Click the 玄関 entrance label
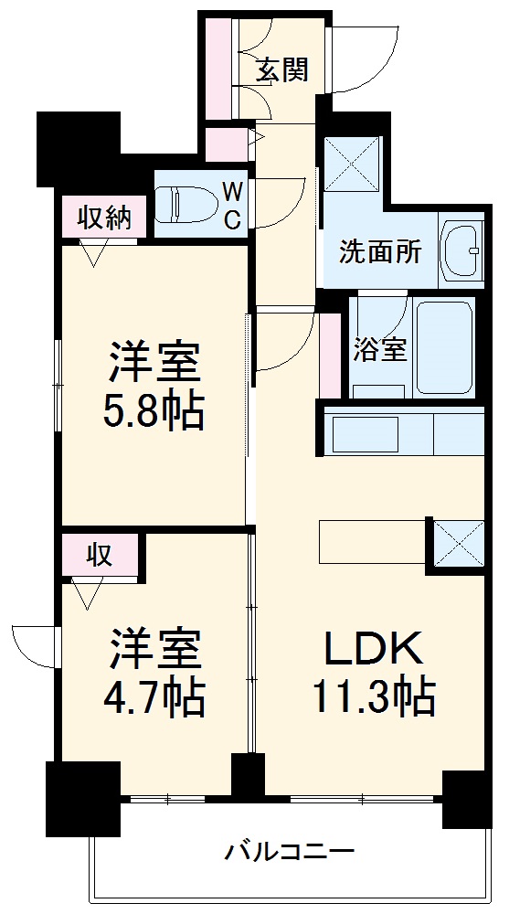[281, 69]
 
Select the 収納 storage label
[103, 218]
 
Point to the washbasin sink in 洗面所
[462, 247]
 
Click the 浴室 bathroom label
[379, 349]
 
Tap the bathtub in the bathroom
[444, 347]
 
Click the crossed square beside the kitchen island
[456, 543]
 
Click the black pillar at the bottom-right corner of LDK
[465, 797]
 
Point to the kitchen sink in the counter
[365, 434]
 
